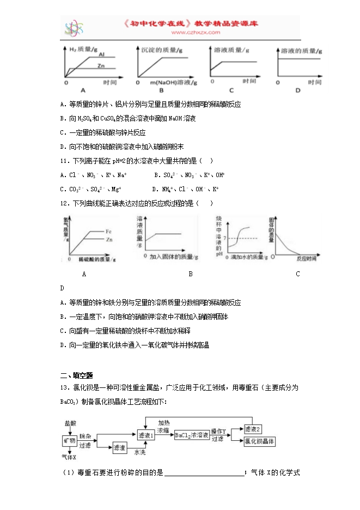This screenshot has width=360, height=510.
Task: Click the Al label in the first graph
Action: (102, 54)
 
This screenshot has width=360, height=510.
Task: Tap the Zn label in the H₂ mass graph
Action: (101, 65)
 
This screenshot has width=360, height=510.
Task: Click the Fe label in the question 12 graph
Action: (109, 232)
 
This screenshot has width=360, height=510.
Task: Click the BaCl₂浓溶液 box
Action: (192, 435)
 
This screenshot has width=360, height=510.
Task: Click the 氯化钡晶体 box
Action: (259, 441)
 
